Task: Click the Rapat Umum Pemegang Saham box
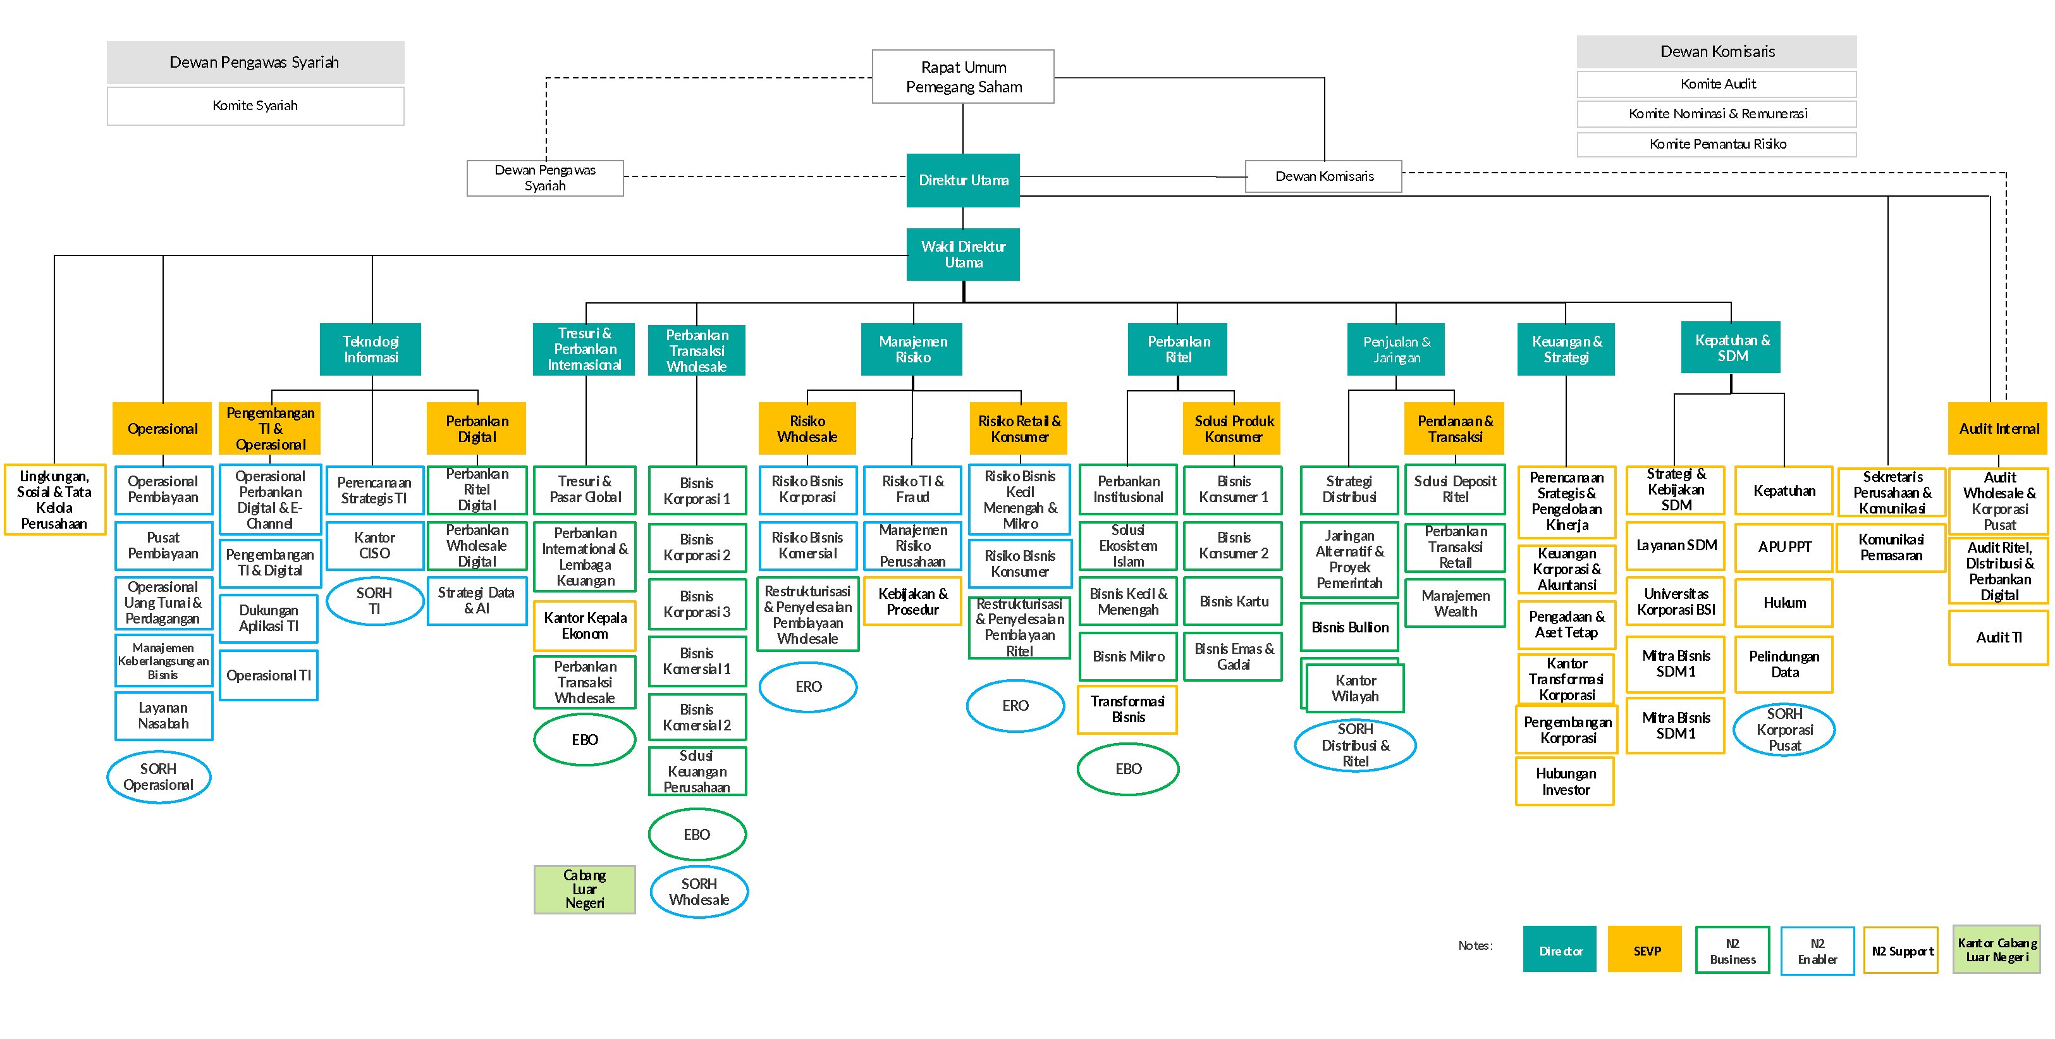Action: coord(963,77)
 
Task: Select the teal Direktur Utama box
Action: coord(963,180)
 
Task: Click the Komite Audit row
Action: coord(1717,83)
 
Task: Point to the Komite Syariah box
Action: coord(255,106)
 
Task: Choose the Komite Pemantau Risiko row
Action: coord(1717,144)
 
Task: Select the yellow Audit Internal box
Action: coord(1998,429)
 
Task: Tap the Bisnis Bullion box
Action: coord(1350,627)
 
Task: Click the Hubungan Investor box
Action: coord(1565,781)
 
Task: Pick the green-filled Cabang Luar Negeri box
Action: coord(585,889)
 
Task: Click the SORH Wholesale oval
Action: coord(699,892)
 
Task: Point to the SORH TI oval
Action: coord(374,601)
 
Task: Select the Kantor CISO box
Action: coord(374,546)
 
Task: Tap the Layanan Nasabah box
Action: coord(164,716)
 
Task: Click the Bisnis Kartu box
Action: coord(1234,601)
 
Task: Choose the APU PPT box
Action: coord(1784,546)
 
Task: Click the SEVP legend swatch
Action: coord(1645,950)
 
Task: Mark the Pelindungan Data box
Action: coord(1784,664)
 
